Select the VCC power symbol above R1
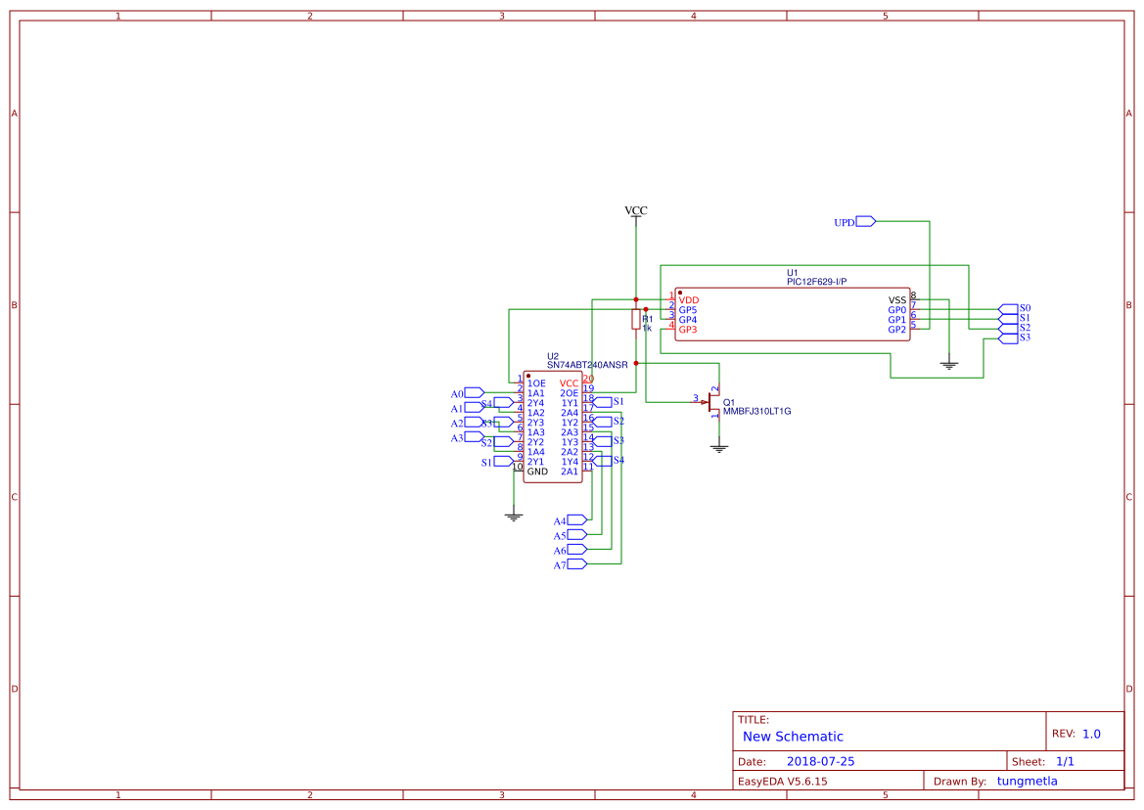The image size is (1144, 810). point(636,211)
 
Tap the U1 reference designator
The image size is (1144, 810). point(793,273)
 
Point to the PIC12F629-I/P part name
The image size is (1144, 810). point(816,282)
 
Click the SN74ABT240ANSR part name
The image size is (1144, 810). point(587,364)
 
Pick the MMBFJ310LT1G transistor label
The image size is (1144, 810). point(756,412)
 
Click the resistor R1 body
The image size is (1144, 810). point(636,319)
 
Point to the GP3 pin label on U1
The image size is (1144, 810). point(688,330)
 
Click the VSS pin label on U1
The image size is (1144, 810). point(897,299)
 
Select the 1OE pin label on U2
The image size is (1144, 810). point(536,383)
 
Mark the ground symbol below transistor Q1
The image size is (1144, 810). point(719,447)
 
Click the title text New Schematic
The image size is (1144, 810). point(793,737)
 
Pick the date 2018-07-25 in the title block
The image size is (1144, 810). point(820,761)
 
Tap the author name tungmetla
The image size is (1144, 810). point(1027,781)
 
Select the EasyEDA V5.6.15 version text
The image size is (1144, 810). point(782,781)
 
